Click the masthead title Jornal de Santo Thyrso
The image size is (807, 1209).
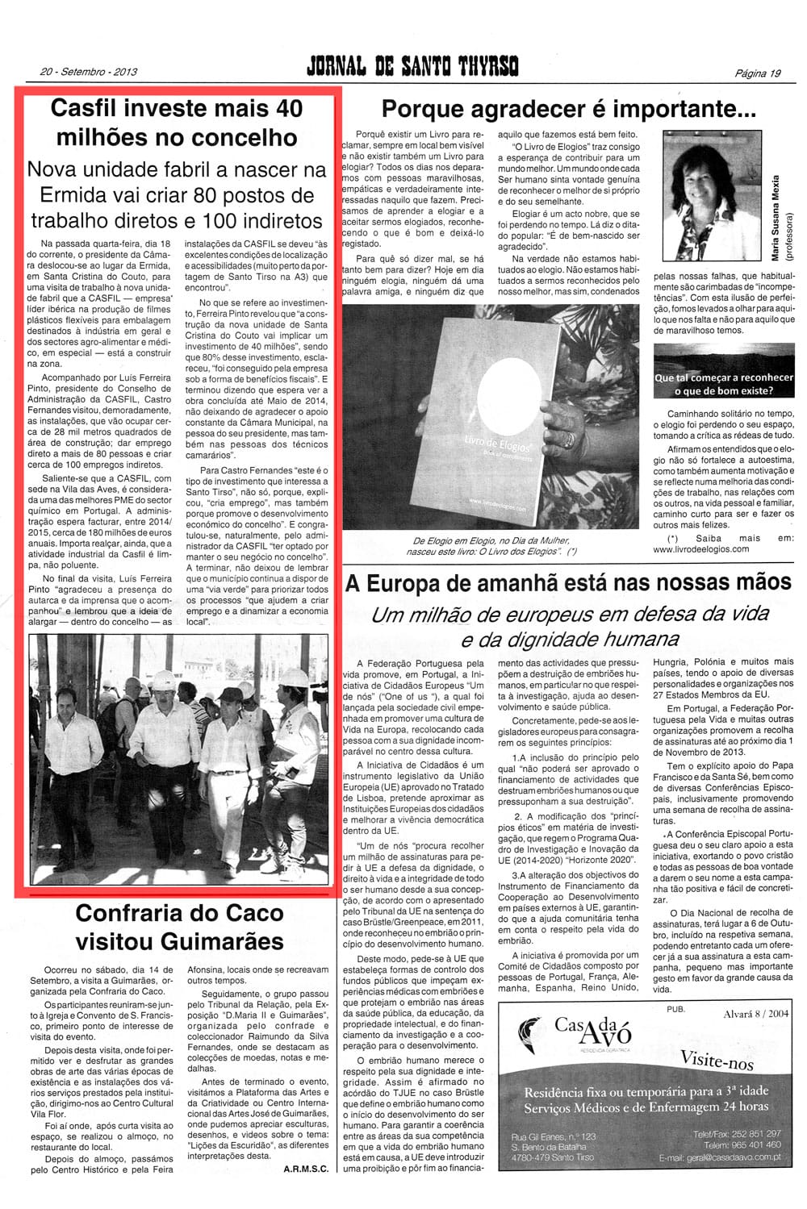click(x=412, y=67)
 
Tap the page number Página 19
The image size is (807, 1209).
click(x=757, y=73)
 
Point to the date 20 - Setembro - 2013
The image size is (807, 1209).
click(x=89, y=72)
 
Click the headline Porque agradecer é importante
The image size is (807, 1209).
click(x=568, y=109)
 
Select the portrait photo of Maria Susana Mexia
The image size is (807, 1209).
click(x=711, y=195)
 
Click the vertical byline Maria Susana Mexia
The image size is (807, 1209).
click(x=776, y=218)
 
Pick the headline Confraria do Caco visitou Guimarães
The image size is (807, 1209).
click(x=179, y=927)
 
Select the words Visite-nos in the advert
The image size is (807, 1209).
click(x=717, y=1060)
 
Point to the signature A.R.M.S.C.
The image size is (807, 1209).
click(x=306, y=1169)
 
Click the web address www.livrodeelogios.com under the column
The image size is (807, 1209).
click(x=700, y=549)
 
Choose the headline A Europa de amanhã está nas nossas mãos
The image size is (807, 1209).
click(x=568, y=583)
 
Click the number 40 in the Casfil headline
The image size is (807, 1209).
click(x=289, y=108)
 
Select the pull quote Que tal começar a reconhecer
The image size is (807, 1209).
click(x=724, y=384)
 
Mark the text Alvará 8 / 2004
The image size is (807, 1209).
click(x=756, y=1014)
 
